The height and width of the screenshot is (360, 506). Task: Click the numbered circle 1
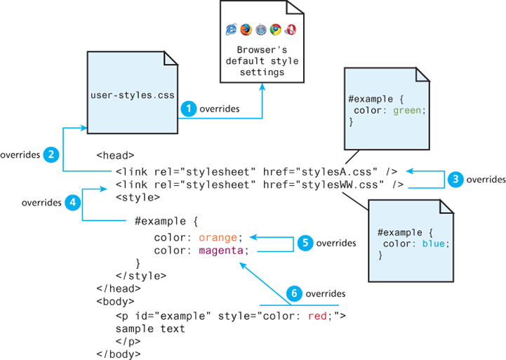click(x=188, y=109)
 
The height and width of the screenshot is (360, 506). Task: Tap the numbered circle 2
click(x=51, y=154)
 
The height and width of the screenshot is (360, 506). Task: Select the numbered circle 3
click(x=456, y=179)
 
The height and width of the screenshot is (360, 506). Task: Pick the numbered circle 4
click(x=72, y=202)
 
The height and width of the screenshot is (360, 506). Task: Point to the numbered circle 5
click(x=305, y=243)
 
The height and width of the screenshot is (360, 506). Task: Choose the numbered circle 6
click(x=295, y=293)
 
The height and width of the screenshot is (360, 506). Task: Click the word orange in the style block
click(x=220, y=237)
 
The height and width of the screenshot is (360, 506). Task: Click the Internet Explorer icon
click(x=231, y=29)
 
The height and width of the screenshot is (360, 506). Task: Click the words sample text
click(x=150, y=328)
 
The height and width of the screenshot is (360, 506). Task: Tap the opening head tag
click(x=114, y=156)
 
